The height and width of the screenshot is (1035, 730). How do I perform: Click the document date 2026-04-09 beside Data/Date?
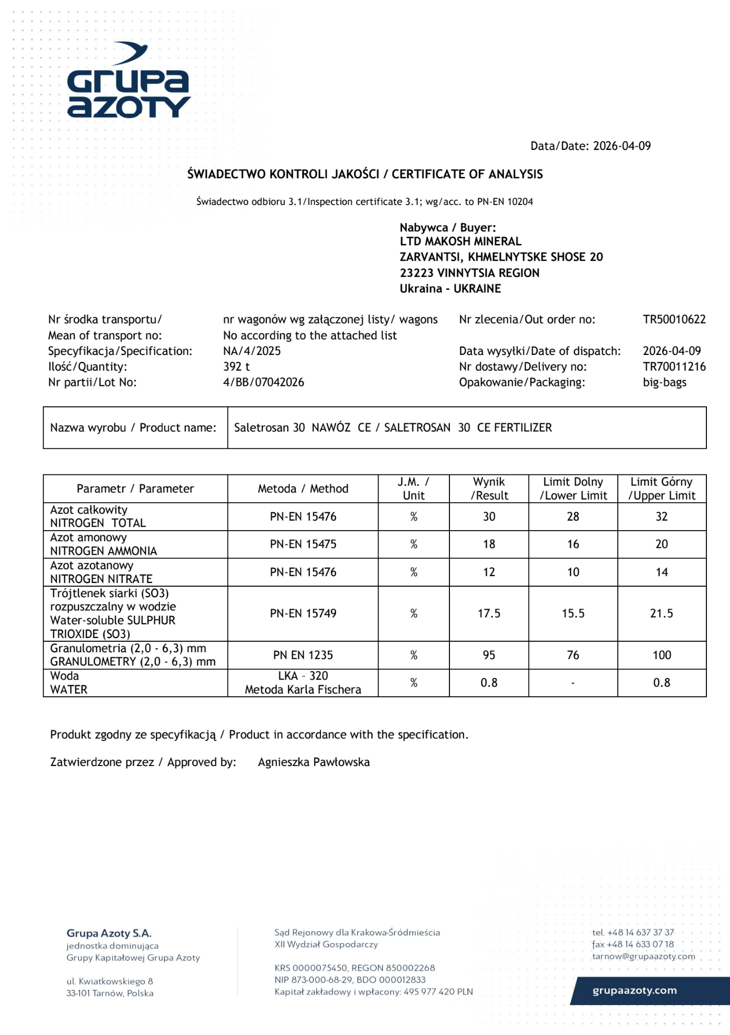click(621, 146)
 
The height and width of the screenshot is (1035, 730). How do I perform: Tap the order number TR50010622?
click(674, 319)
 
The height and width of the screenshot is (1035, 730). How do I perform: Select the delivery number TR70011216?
click(674, 366)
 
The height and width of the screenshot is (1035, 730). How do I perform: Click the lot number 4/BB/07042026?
click(263, 382)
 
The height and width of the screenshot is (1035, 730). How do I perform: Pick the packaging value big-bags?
click(664, 382)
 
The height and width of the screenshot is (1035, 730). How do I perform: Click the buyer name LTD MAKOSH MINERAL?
click(460, 241)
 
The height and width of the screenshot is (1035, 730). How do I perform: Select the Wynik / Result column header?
click(489, 489)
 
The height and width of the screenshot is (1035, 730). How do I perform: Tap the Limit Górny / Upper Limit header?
click(661, 489)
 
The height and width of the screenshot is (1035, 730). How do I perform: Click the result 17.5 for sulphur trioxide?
click(489, 613)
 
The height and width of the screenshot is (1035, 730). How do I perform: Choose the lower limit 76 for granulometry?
click(573, 655)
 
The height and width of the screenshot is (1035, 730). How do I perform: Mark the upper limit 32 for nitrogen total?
click(661, 516)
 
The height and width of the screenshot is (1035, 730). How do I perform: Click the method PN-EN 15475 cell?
click(303, 544)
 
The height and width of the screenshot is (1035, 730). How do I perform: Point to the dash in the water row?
click(573, 683)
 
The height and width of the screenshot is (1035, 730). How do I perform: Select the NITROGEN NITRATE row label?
click(101, 579)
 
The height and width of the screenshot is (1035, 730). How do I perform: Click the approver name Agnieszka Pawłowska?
click(314, 762)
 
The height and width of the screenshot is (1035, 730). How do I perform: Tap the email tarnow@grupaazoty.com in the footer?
click(643, 956)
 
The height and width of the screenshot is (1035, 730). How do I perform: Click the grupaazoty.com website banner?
click(635, 990)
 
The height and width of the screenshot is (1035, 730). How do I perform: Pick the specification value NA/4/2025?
click(252, 351)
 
